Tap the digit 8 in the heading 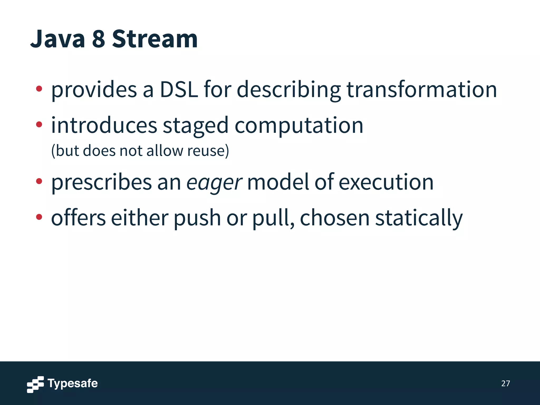pos(98,39)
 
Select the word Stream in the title pos(155,39)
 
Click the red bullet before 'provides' pos(39,89)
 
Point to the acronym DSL pos(179,90)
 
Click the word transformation pos(422,90)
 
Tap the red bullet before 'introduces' pos(39,124)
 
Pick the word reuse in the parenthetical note pos(206,151)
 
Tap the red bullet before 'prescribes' pos(39,181)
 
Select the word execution pos(386,182)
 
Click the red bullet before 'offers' pos(39,217)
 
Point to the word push pos(197,218)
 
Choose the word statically pos(419,218)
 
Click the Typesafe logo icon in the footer pos(35,384)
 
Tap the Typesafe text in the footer pos(73,383)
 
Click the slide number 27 pos(505,383)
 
